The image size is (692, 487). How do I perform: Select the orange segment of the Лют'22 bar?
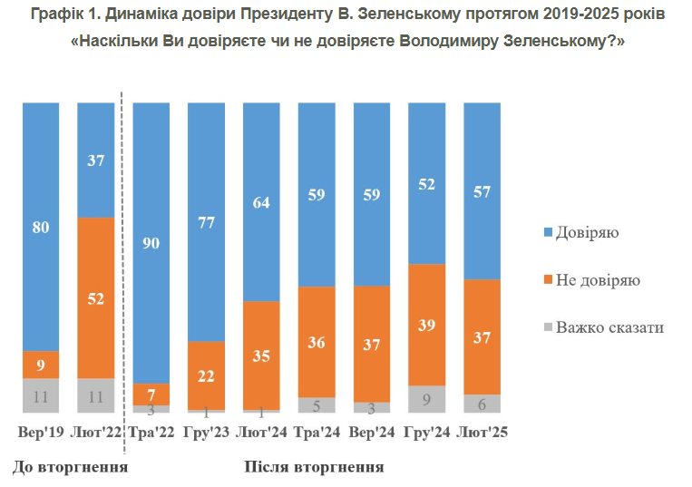95,297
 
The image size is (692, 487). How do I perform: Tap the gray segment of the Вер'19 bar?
41,395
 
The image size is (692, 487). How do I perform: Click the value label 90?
151,242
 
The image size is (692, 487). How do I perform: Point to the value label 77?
206,222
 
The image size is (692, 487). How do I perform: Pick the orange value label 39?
426,325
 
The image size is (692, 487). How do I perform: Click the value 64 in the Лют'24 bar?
261,202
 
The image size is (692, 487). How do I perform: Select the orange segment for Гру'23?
206,375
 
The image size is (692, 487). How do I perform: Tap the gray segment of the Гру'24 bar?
426,399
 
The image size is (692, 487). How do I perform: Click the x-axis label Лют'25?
482,433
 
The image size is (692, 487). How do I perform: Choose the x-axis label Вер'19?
41,433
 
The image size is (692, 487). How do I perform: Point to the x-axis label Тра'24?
316,433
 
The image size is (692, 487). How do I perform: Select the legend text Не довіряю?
598,280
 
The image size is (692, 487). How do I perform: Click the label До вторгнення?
70,467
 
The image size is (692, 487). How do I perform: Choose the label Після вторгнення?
314,467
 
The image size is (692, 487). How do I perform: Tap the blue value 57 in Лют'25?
482,191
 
